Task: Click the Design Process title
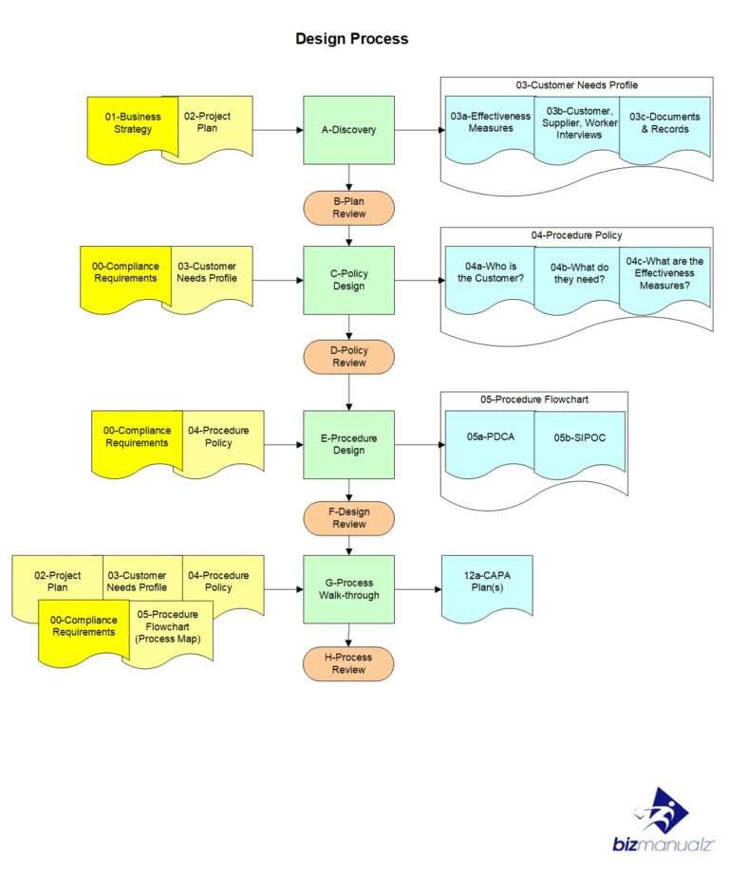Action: (x=351, y=39)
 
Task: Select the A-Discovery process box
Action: (x=348, y=130)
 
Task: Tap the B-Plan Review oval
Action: (x=348, y=208)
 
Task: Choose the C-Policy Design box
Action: (x=348, y=280)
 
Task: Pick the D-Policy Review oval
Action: (x=348, y=357)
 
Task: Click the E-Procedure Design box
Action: (x=348, y=444)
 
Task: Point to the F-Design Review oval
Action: (x=348, y=518)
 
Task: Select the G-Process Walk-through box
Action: (x=348, y=588)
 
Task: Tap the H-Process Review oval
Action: (x=348, y=663)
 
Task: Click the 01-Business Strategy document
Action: (x=132, y=123)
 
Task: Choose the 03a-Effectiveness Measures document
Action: (x=490, y=123)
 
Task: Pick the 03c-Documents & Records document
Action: (x=664, y=123)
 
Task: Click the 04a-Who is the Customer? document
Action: (x=490, y=273)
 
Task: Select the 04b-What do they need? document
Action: (x=577, y=273)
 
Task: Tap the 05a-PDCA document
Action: (x=489, y=437)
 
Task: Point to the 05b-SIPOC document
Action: (x=579, y=437)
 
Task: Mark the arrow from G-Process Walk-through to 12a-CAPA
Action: (x=418, y=589)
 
